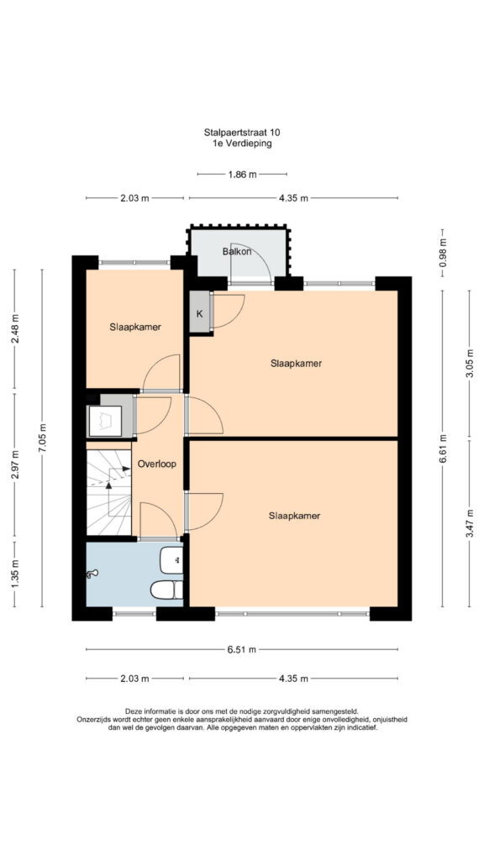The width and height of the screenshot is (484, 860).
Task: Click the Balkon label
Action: pyautogui.click(x=237, y=252)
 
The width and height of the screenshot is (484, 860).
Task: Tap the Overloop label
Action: pyautogui.click(x=157, y=464)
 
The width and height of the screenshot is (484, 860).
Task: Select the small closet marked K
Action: pyautogui.click(x=200, y=312)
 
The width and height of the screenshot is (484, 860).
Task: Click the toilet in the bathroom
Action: pyautogui.click(x=167, y=590)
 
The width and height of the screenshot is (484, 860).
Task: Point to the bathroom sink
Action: pyautogui.click(x=171, y=560)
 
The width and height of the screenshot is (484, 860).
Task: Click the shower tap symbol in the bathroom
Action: pyautogui.click(x=92, y=574)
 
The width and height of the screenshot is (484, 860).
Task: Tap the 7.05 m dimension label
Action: pyautogui.click(x=42, y=438)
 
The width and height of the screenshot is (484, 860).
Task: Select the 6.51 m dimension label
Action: pyautogui.click(x=242, y=649)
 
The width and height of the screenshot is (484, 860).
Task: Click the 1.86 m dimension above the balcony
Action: pyautogui.click(x=242, y=175)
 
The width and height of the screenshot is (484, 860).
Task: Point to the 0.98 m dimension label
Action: pyautogui.click(x=443, y=254)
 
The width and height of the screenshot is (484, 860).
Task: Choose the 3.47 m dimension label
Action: pyautogui.click(x=469, y=529)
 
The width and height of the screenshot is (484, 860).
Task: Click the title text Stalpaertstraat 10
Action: pyautogui.click(x=242, y=132)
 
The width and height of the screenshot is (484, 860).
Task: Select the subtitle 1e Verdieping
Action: pyautogui.click(x=242, y=144)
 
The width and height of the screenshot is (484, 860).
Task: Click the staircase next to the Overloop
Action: pyautogui.click(x=108, y=492)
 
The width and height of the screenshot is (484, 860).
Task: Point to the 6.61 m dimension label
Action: pyautogui.click(x=443, y=448)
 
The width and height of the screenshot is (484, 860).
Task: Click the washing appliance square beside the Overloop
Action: pyautogui.click(x=105, y=421)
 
